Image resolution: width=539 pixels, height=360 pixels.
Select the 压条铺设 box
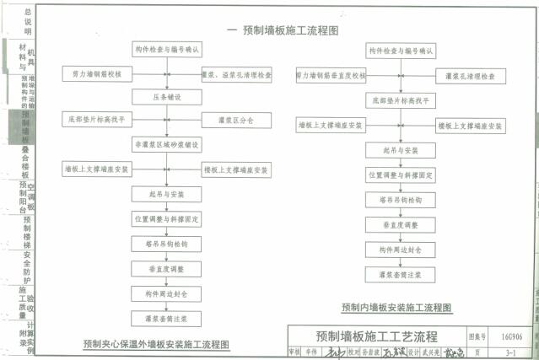(167, 98)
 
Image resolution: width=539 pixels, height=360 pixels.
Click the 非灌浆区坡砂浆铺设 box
(167, 145)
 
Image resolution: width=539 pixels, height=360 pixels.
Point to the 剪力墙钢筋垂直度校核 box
(331, 75)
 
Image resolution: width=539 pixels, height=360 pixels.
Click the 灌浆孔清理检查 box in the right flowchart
(470, 75)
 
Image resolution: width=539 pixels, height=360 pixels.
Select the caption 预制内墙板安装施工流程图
(396, 307)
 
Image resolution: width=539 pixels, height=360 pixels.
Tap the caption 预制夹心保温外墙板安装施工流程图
(156, 344)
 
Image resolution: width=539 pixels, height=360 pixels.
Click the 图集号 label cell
(478, 335)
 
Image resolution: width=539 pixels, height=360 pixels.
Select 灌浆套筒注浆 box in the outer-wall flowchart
(167, 319)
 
